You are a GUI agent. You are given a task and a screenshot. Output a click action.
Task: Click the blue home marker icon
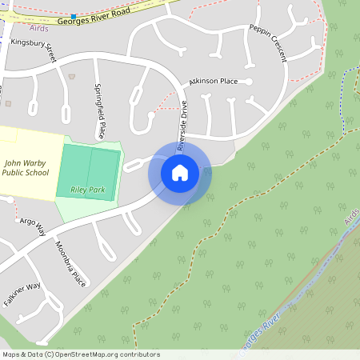tap(180, 171)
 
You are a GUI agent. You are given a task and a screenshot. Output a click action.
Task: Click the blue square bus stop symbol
tap(74, 16)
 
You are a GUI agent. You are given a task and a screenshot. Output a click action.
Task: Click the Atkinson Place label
tap(213, 82)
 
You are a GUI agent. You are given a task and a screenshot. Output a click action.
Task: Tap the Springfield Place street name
tap(100, 110)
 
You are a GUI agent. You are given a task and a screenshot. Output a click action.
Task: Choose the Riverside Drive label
tap(182, 126)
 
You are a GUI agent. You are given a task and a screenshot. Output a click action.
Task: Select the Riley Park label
tap(88, 190)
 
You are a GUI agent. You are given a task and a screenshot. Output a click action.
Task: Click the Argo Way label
tap(33, 225)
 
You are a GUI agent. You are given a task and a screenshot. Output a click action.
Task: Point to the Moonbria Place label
tap(70, 262)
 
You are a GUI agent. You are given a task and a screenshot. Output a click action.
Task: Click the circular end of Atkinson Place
tap(249, 82)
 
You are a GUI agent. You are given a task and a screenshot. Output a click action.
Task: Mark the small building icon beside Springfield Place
tap(73, 76)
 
